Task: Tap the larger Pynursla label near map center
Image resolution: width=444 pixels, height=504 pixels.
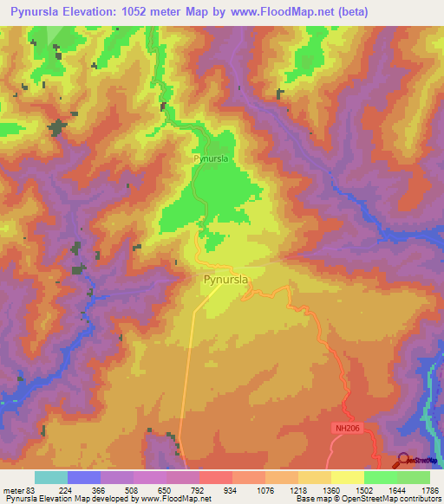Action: (226, 280)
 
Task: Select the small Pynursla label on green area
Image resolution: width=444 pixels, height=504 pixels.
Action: (210, 159)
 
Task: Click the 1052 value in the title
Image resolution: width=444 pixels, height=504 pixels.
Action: (153, 12)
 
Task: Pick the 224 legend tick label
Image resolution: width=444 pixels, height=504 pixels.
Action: (65, 490)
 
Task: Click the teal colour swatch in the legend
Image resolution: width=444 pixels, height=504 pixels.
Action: (50, 477)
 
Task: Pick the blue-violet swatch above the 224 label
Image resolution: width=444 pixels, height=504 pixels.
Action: (83, 477)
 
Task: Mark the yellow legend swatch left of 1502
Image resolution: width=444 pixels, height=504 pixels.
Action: (347, 477)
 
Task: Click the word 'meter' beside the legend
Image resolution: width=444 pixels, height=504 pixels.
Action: (14, 490)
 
